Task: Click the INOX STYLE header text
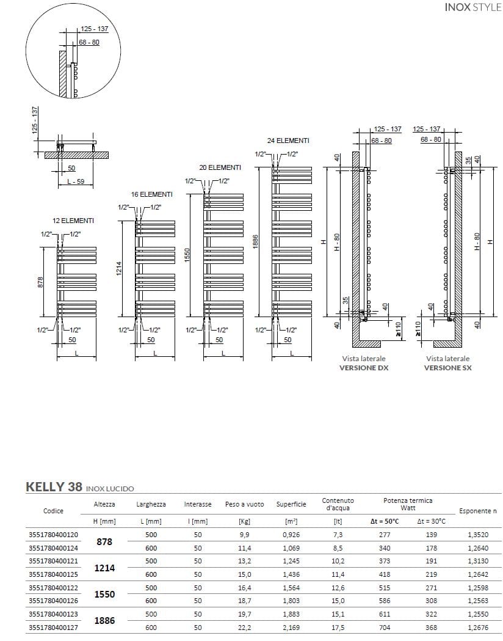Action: (x=473, y=9)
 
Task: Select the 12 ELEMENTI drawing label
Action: (x=73, y=221)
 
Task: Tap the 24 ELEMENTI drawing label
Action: (x=288, y=141)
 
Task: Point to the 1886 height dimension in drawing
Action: (x=256, y=242)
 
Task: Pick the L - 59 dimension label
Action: (x=76, y=181)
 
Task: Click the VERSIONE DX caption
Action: (x=364, y=368)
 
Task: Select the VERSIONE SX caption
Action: (x=448, y=368)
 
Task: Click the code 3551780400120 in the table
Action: (x=53, y=535)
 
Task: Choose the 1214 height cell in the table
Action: (x=104, y=568)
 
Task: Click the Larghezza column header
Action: (x=151, y=505)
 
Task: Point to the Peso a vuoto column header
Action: (x=245, y=505)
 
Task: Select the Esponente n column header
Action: (x=477, y=511)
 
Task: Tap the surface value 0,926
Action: (x=291, y=535)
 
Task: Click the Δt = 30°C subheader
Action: (x=431, y=521)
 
